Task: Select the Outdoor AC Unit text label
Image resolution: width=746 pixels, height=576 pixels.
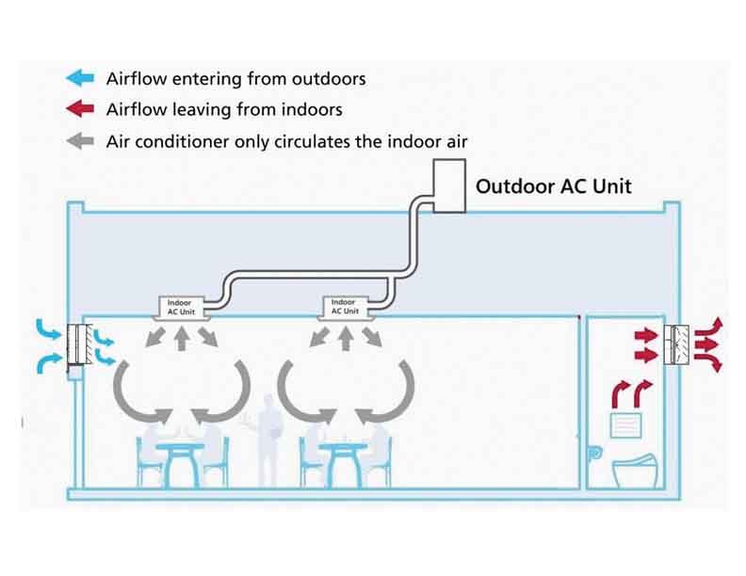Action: [553, 185]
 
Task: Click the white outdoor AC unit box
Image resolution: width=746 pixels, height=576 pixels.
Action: [448, 184]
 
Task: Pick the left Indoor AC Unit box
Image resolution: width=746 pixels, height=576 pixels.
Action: [179, 307]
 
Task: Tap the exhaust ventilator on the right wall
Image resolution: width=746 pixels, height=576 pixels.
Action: [678, 345]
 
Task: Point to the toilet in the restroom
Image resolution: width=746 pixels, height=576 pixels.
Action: [633, 471]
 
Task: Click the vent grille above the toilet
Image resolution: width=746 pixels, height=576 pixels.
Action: [626, 425]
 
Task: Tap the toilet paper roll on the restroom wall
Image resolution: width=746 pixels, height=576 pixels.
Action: [596, 452]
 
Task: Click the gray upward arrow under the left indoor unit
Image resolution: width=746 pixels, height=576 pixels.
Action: [180, 337]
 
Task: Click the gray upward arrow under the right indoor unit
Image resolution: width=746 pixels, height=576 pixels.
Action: [345, 337]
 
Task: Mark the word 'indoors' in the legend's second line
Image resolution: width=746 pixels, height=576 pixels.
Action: [311, 109]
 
